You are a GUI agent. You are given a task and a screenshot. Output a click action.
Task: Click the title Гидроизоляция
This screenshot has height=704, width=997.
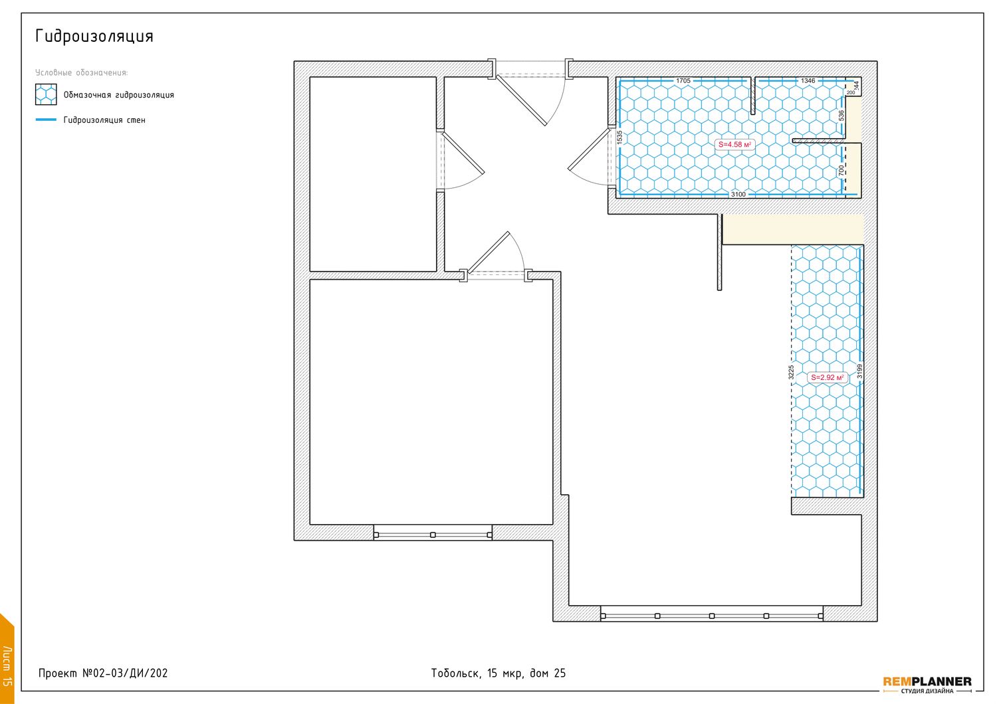click(94, 37)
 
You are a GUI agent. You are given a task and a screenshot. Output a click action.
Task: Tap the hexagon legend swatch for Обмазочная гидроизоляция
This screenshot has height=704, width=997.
click(46, 94)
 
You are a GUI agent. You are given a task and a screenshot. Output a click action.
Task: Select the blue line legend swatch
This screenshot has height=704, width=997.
click(46, 120)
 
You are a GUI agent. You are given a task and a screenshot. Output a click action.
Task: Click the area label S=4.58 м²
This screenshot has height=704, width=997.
click(734, 145)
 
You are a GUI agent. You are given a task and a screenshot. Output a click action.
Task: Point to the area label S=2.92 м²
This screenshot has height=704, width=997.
click(827, 378)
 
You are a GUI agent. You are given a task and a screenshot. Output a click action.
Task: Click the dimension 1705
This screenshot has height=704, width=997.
click(683, 81)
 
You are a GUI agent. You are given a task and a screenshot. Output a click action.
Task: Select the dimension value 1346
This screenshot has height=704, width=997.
click(808, 81)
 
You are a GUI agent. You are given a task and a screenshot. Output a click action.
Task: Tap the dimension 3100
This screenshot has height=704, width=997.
click(738, 195)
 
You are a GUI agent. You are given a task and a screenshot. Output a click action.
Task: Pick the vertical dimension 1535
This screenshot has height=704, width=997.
click(619, 137)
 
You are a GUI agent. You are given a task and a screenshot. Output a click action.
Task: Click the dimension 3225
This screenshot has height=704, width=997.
click(791, 372)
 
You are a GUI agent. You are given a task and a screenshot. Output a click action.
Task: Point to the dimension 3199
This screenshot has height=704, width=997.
click(859, 371)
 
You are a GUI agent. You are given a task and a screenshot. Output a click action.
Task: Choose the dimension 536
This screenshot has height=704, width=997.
click(841, 116)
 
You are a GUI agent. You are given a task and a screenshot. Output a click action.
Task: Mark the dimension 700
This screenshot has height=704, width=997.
click(841, 170)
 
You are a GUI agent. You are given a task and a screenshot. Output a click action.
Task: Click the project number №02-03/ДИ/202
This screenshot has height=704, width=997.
click(125, 673)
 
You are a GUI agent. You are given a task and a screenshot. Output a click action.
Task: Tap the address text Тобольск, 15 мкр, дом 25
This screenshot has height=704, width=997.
click(498, 673)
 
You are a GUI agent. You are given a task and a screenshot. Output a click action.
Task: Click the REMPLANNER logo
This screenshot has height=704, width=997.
click(927, 681)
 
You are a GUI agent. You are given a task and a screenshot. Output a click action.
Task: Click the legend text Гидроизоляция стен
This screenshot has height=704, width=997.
click(104, 120)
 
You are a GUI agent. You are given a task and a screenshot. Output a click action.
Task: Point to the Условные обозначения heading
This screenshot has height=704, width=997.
click(82, 72)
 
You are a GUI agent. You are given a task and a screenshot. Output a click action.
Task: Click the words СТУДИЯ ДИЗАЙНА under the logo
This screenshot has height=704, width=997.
click(927, 691)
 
